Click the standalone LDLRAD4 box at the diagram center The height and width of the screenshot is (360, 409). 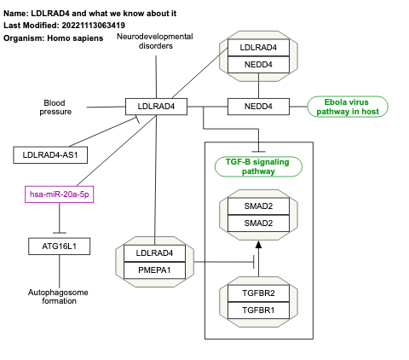[155, 107]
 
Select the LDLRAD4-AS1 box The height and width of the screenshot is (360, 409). [51, 154]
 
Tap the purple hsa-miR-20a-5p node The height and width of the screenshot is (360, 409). [60, 195]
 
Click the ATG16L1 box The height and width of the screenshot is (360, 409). [60, 247]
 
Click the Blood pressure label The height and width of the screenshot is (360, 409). [55, 107]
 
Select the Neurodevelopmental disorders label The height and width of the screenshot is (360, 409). [155, 41]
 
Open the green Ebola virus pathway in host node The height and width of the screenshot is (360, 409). [348, 107]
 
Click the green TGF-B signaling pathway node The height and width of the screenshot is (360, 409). [257, 166]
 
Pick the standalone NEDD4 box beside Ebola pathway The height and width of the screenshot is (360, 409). [258, 107]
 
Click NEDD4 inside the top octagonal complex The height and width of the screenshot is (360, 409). [258, 64]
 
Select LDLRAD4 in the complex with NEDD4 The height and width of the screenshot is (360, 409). [258, 49]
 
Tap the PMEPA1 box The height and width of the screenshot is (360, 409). [155, 270]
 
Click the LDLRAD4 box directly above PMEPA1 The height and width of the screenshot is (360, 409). [155, 253]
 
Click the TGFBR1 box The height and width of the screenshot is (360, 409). [258, 311]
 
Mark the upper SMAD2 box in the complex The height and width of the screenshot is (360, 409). [258, 207]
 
